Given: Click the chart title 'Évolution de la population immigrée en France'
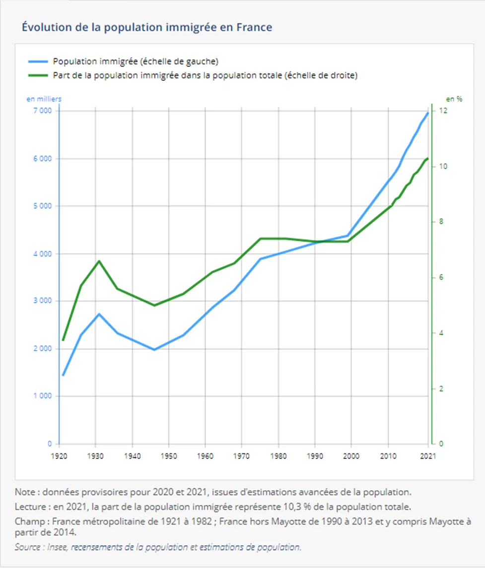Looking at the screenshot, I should [x=147, y=27].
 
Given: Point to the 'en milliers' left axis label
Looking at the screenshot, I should [x=44, y=99].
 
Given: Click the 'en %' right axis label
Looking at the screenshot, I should [x=454, y=99].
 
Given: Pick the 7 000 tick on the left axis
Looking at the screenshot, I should [x=42, y=111].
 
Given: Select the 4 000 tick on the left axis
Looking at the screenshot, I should [x=42, y=253].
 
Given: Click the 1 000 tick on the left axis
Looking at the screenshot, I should [x=42, y=396].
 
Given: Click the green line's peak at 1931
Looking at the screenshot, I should [x=99, y=261].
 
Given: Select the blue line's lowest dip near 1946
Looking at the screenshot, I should [x=154, y=350].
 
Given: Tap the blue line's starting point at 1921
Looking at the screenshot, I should [x=63, y=375].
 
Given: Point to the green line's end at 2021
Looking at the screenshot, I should [x=428, y=158].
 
